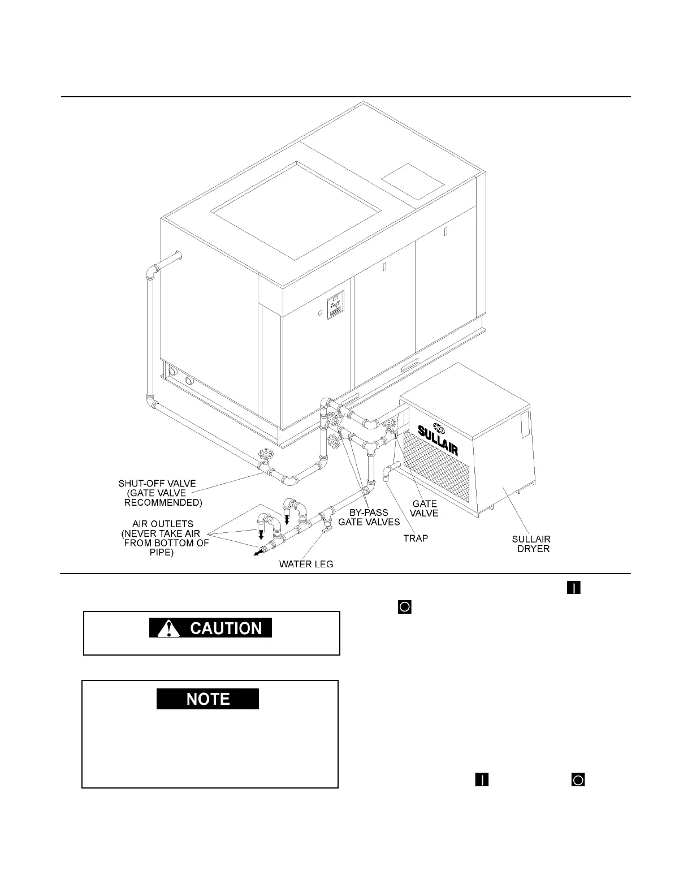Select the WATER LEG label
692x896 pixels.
click(x=306, y=564)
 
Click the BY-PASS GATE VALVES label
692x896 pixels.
click(x=369, y=517)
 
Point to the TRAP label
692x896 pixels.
click(x=416, y=538)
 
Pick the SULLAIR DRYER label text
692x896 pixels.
click(x=531, y=544)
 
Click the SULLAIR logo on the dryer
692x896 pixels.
click(x=438, y=440)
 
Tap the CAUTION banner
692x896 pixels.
click(x=210, y=628)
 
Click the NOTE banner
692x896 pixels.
click(x=207, y=699)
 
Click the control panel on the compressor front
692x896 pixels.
click(x=335, y=305)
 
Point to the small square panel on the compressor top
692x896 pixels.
click(x=413, y=180)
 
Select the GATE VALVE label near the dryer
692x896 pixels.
click(x=424, y=508)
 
